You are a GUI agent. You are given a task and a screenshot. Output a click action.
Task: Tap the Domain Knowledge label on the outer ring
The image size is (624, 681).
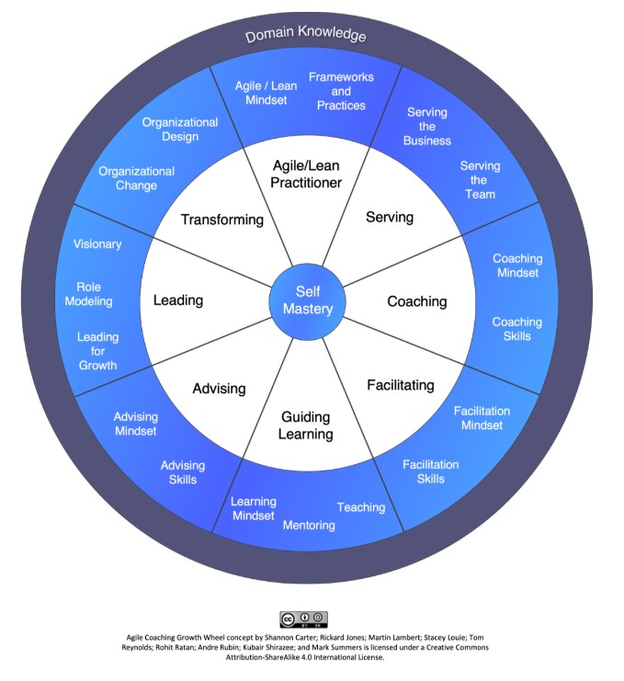pos(305,36)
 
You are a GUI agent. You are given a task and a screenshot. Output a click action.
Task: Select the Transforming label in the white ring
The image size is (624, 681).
pos(222,220)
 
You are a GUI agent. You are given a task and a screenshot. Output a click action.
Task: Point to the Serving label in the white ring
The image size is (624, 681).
pos(390,218)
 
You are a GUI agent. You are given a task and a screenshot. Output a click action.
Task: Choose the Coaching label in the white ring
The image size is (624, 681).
pos(416,301)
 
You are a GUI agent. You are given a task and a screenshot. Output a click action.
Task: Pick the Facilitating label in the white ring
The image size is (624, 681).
pos(400,385)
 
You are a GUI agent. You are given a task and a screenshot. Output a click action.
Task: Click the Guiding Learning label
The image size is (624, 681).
pos(307,426)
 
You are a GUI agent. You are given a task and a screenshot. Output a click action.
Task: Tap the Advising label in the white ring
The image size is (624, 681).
pos(219,388)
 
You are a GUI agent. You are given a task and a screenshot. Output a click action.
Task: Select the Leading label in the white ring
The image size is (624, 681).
pos(178,300)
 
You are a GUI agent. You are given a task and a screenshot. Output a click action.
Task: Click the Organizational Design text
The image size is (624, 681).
pos(180,130)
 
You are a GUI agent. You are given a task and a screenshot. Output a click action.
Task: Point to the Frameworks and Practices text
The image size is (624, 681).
pos(341,91)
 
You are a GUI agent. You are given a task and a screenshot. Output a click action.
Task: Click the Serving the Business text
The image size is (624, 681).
pos(427,127)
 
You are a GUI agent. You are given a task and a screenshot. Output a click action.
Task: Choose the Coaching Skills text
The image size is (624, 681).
pos(516,329)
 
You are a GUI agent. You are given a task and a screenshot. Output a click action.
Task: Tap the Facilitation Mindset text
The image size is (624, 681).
pos(482,418)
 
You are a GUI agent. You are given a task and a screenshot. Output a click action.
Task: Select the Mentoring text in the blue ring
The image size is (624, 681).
pos(309,525)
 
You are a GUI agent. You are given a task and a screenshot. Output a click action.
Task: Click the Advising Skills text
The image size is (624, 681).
pos(183,472)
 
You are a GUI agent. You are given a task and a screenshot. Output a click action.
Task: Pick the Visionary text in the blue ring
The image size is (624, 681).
pos(96,244)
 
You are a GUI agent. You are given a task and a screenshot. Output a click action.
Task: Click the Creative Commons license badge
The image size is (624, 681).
pos(303,619)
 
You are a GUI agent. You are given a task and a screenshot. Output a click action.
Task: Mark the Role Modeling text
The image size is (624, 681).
pos(89,294)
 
